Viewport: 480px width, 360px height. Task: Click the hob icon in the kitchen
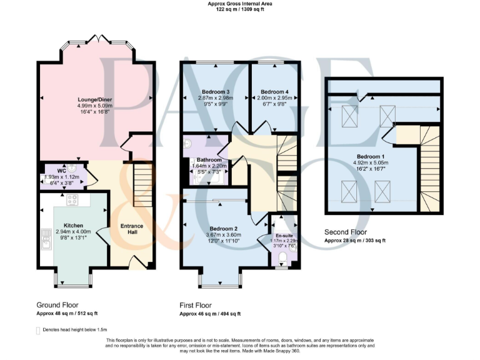pos(72,201)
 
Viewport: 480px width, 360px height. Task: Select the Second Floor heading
pos(346,231)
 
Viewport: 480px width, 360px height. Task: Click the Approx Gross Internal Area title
pos(240,4)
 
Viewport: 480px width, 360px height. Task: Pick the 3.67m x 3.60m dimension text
pos(223,235)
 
